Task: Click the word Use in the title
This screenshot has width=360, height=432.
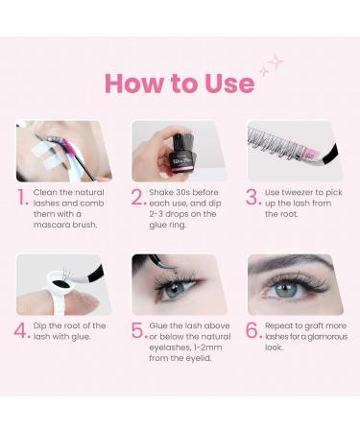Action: [229, 83]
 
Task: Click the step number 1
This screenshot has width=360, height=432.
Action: [22, 197]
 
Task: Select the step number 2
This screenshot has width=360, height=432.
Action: [138, 197]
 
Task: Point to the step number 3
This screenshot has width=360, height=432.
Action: [253, 197]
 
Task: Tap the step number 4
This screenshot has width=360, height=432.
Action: [22, 330]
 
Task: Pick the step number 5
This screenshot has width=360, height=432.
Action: [138, 330]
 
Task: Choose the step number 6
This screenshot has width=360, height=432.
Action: [253, 330]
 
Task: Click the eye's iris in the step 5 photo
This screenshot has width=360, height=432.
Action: [175, 290]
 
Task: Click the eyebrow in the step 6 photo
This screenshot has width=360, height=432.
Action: [290, 264]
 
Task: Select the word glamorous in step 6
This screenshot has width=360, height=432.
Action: [324, 337]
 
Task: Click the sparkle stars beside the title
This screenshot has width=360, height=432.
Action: [271, 64]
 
